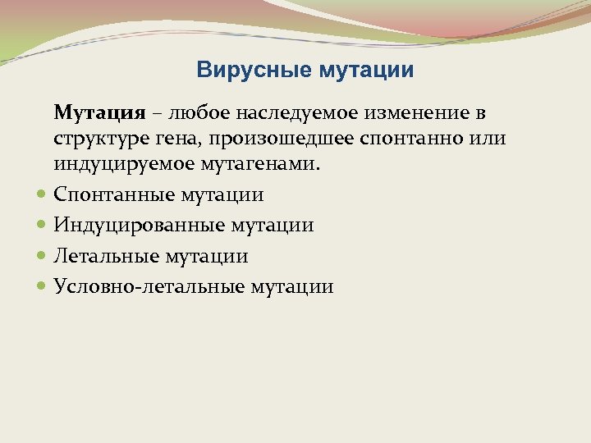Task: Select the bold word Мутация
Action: click(99, 112)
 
